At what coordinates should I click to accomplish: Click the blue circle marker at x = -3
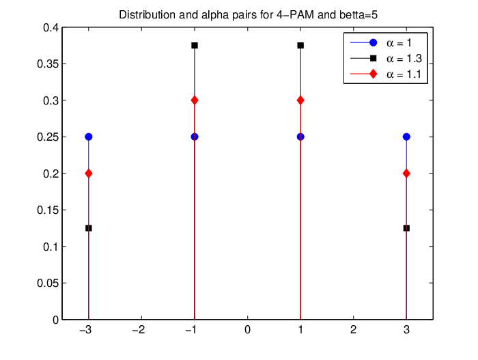(x=88, y=137)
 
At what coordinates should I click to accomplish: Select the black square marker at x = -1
(x=195, y=46)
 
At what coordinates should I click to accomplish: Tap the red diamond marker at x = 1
(x=300, y=100)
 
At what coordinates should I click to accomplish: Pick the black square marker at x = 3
(x=406, y=228)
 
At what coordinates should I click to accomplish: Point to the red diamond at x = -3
(x=88, y=174)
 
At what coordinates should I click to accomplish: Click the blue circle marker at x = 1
(x=300, y=137)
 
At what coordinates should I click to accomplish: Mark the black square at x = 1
(x=300, y=46)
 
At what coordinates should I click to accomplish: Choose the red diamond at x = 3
(x=406, y=174)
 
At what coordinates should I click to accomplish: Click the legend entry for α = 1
(x=381, y=43)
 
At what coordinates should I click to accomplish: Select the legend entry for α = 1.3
(x=386, y=58)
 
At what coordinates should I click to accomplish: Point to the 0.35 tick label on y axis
(x=48, y=64)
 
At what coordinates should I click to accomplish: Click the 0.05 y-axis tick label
(x=48, y=283)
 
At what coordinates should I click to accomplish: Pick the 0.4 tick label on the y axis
(x=51, y=28)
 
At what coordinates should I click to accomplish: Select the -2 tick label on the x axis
(x=139, y=330)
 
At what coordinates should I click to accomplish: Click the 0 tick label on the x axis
(x=247, y=330)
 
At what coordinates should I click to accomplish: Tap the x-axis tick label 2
(x=353, y=330)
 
